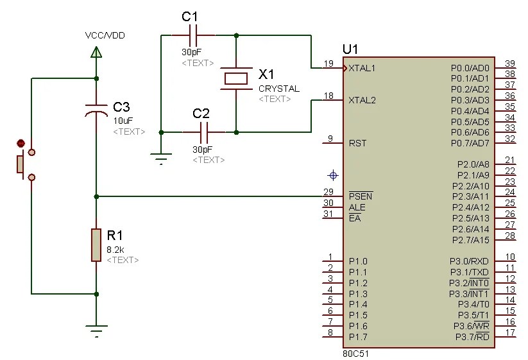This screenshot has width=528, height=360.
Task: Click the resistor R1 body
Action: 96,244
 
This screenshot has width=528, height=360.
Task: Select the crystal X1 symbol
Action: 236,78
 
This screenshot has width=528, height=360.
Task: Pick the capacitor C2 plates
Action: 204,132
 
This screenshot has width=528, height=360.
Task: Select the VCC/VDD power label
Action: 105,35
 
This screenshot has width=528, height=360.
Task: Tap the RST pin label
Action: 357,143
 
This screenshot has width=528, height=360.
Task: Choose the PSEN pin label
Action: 360,196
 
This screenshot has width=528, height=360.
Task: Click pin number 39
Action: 510,63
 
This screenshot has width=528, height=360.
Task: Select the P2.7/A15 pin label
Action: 470,240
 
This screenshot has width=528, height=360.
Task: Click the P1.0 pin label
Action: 358,261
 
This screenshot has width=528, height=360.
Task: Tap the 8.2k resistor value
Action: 115,249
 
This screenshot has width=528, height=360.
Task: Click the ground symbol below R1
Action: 96,331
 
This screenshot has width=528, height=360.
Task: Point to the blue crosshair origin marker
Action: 332,175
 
